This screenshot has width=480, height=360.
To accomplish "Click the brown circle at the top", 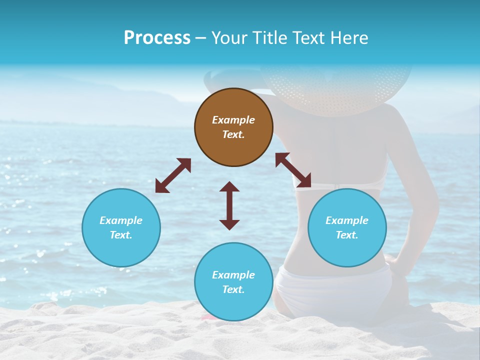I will tap(233, 127).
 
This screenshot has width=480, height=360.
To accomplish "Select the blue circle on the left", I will tap(121, 227).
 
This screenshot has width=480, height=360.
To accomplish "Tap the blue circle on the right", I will tap(347, 227).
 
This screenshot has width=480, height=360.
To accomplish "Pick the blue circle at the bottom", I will tap(233, 282).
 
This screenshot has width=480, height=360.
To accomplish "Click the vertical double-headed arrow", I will tap(229, 205).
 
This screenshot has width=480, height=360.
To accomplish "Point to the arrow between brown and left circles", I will tap(173, 175).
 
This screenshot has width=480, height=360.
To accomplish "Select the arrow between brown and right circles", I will tap(293, 170).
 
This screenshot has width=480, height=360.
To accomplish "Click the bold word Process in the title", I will tap(157, 37).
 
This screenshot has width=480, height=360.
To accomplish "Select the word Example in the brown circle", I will tap(233, 120).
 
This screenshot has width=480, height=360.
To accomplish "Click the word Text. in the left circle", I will tap(121, 235).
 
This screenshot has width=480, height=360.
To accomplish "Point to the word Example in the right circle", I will tap(347, 220).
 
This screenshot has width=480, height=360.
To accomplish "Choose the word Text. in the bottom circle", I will tap(233, 289).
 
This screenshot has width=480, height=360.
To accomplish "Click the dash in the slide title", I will tap(201, 38).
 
